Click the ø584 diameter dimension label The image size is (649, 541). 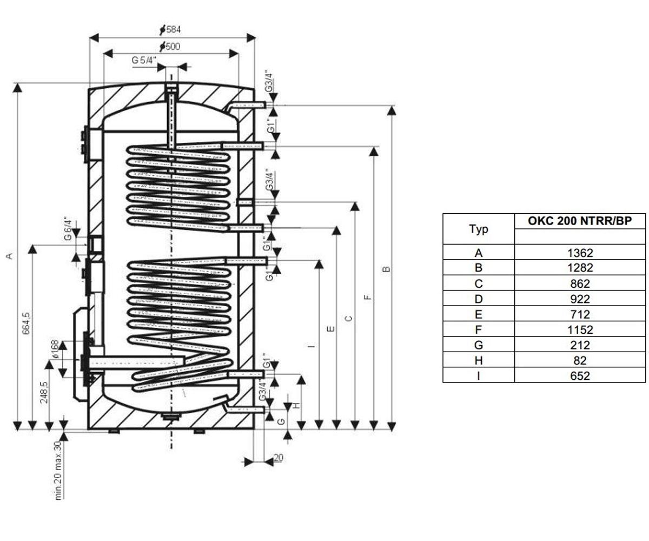(170, 30)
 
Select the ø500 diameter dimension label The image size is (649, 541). (170, 47)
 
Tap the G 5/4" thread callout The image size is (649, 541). (144, 60)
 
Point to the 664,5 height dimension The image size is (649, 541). (27, 324)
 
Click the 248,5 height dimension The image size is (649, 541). (44, 392)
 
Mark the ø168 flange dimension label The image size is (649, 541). (54, 349)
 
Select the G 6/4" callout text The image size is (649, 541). (68, 229)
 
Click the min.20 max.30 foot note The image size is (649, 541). (58, 471)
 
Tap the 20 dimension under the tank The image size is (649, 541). (279, 458)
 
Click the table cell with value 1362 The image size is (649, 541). (580, 253)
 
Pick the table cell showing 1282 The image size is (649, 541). (580, 268)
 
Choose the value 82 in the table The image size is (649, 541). (580, 360)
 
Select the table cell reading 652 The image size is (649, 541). (580, 376)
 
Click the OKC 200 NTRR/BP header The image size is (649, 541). (580, 221)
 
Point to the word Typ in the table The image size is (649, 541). (479, 229)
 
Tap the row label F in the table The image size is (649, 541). (479, 329)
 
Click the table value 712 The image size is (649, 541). (580, 314)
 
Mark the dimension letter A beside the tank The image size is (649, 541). (9, 256)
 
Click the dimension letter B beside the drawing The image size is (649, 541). (386, 269)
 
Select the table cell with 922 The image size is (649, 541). (580, 299)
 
